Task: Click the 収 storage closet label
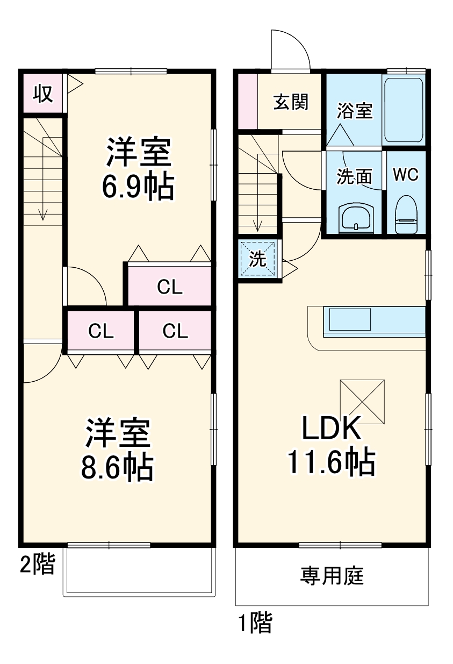[x=44, y=94]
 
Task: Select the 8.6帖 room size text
[x=117, y=467]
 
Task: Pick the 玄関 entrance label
[x=291, y=102]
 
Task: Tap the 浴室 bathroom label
[x=354, y=111]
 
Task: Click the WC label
[x=406, y=175]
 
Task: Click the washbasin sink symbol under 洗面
[x=355, y=217]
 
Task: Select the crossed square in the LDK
[x=362, y=402]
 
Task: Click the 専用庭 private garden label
[x=332, y=576]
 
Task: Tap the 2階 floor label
[x=37, y=565]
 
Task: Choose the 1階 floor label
[x=255, y=624]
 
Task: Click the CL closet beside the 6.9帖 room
[x=170, y=287]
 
